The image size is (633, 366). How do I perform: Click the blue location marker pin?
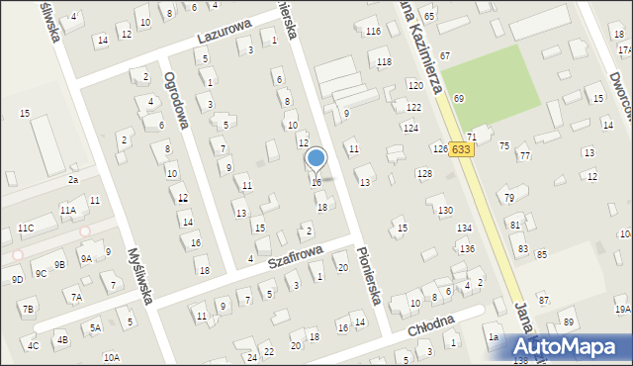[x=316, y=158]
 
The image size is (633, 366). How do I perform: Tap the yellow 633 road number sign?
[x=461, y=148]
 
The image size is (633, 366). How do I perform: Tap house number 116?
[x=373, y=32]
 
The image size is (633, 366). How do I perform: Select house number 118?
[x=384, y=62]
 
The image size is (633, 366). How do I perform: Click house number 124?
[x=409, y=129]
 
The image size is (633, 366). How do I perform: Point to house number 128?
[x=423, y=174]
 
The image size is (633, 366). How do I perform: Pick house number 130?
[x=446, y=210]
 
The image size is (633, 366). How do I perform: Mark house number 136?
[x=466, y=248]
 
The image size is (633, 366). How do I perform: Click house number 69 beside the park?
[x=459, y=99]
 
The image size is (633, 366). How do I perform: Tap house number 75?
[x=503, y=145]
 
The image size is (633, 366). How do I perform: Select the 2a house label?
[x=73, y=180]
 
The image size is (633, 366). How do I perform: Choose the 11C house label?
[x=26, y=229]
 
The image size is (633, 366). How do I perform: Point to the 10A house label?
[x=111, y=357]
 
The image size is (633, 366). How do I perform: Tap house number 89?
[x=568, y=322]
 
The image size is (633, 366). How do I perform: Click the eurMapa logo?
[x=565, y=346]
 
